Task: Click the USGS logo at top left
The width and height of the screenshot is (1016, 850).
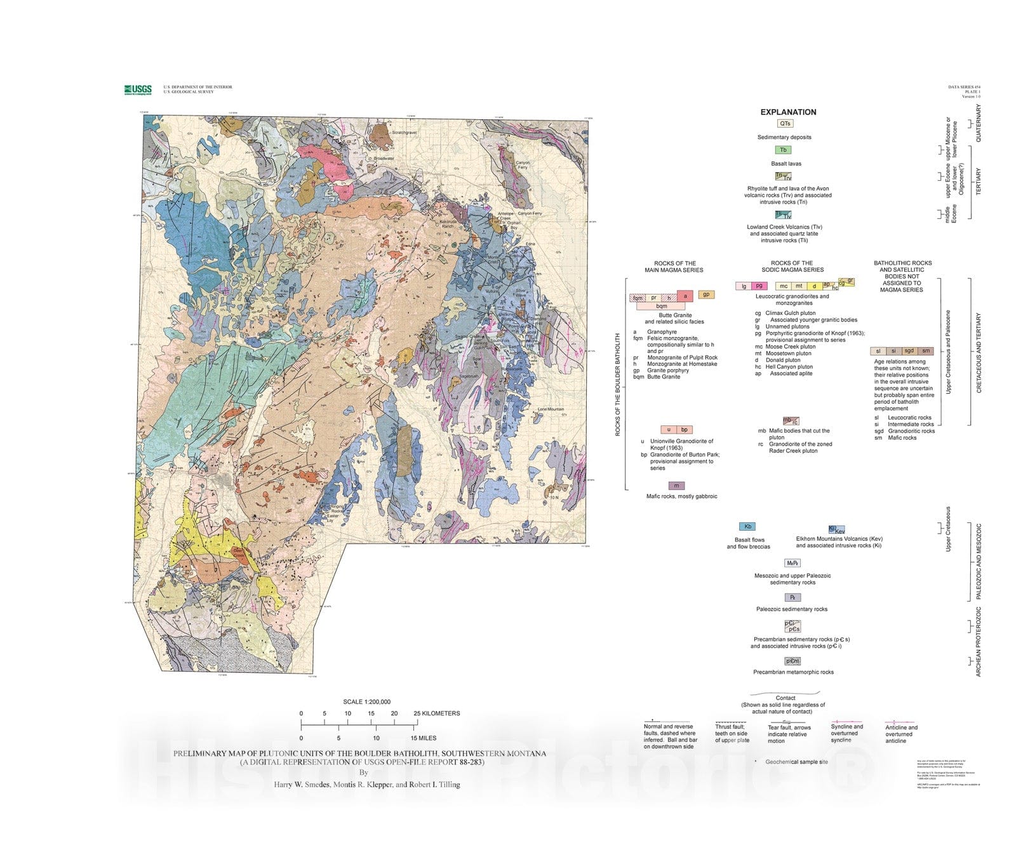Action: coord(138,90)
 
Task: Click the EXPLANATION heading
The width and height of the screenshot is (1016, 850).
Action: coord(788,112)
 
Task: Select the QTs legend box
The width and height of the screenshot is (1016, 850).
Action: coord(785,124)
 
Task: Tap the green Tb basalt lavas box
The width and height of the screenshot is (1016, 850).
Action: coord(783,150)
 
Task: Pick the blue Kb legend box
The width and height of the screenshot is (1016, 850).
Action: coord(747,527)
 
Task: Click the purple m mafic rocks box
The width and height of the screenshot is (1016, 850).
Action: coord(676,486)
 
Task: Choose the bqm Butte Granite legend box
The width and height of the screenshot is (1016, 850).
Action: coord(661,306)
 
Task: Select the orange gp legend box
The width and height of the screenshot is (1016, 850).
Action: coord(706,295)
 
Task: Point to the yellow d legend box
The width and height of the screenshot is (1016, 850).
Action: coord(814,286)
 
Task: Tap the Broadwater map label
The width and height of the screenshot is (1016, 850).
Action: coord(384,159)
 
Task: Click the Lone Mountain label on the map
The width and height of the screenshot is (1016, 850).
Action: coord(551,409)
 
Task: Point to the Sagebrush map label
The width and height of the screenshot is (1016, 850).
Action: coord(469,376)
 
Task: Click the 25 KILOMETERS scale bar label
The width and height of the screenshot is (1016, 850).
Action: coord(437,714)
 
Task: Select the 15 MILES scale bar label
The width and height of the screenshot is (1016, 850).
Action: coord(423,738)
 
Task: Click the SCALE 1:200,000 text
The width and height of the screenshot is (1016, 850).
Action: coord(366,702)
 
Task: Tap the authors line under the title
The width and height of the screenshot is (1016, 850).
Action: coord(366,785)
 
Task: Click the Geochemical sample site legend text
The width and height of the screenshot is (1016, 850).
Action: coord(796,762)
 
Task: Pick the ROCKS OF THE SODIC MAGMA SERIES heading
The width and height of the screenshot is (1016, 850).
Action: coord(791,266)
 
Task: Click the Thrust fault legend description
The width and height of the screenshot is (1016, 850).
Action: coord(732,734)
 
